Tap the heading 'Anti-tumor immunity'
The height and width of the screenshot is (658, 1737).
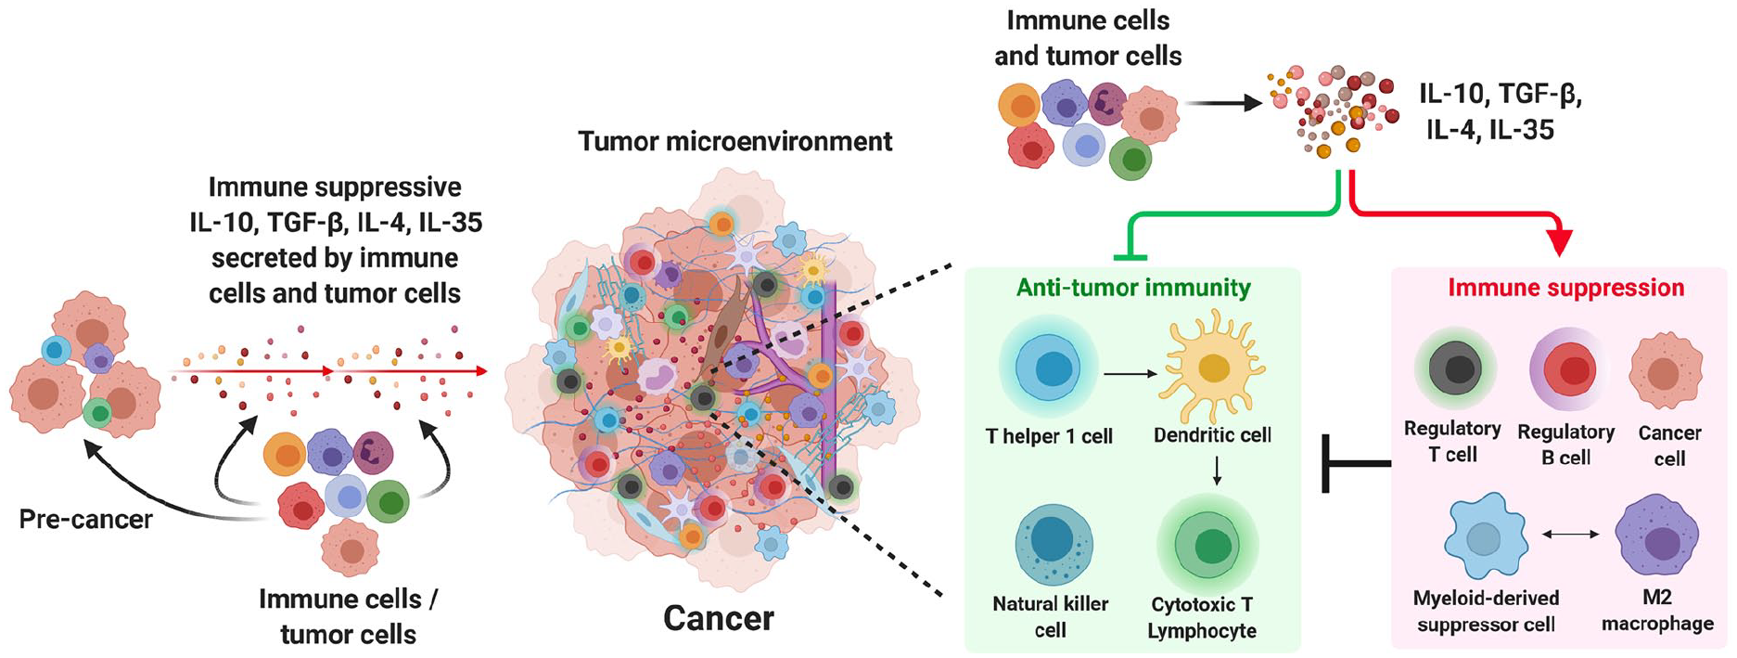(x=1133, y=288)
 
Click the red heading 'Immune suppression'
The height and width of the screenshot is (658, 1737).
(x=1566, y=288)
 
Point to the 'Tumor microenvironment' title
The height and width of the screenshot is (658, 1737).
(x=734, y=141)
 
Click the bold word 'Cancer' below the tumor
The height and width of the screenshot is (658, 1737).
(x=719, y=619)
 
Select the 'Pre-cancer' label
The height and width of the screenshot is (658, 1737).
(x=86, y=518)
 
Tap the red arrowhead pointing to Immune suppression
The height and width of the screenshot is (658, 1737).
(x=1561, y=241)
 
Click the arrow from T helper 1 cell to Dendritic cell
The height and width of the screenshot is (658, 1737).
(x=1130, y=374)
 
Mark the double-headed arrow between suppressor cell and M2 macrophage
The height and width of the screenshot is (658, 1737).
(x=1571, y=534)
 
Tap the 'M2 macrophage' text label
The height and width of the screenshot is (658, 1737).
(x=1657, y=611)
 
